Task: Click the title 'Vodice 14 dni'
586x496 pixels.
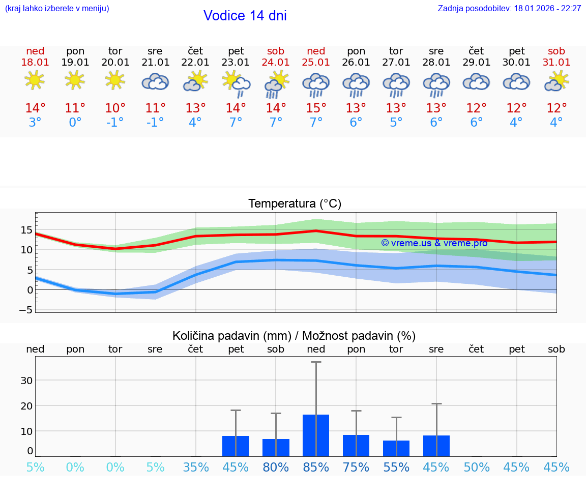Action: [245, 16]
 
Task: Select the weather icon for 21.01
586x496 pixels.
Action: [155, 81]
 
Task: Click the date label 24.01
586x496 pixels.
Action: [276, 63]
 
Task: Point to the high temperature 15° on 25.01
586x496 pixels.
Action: [316, 108]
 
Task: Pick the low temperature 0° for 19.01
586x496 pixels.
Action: [75, 123]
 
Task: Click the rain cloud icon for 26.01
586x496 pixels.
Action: [356, 83]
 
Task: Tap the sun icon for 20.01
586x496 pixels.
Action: [115, 80]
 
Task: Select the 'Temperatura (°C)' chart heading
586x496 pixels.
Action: [295, 204]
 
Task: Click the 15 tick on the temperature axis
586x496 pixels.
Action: [26, 230]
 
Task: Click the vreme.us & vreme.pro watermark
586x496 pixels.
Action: [434, 243]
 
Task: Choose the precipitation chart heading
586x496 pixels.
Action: [294, 336]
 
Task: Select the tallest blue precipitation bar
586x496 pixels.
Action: [316, 435]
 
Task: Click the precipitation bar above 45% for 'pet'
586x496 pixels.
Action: [236, 446]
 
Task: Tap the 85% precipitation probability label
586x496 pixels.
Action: [316, 468]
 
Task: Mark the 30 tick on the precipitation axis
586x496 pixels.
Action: [26, 381]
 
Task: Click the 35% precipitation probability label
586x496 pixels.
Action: [196, 468]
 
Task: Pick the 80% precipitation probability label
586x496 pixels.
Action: [276, 468]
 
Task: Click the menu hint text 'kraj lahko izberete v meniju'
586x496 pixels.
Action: [57, 9]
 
